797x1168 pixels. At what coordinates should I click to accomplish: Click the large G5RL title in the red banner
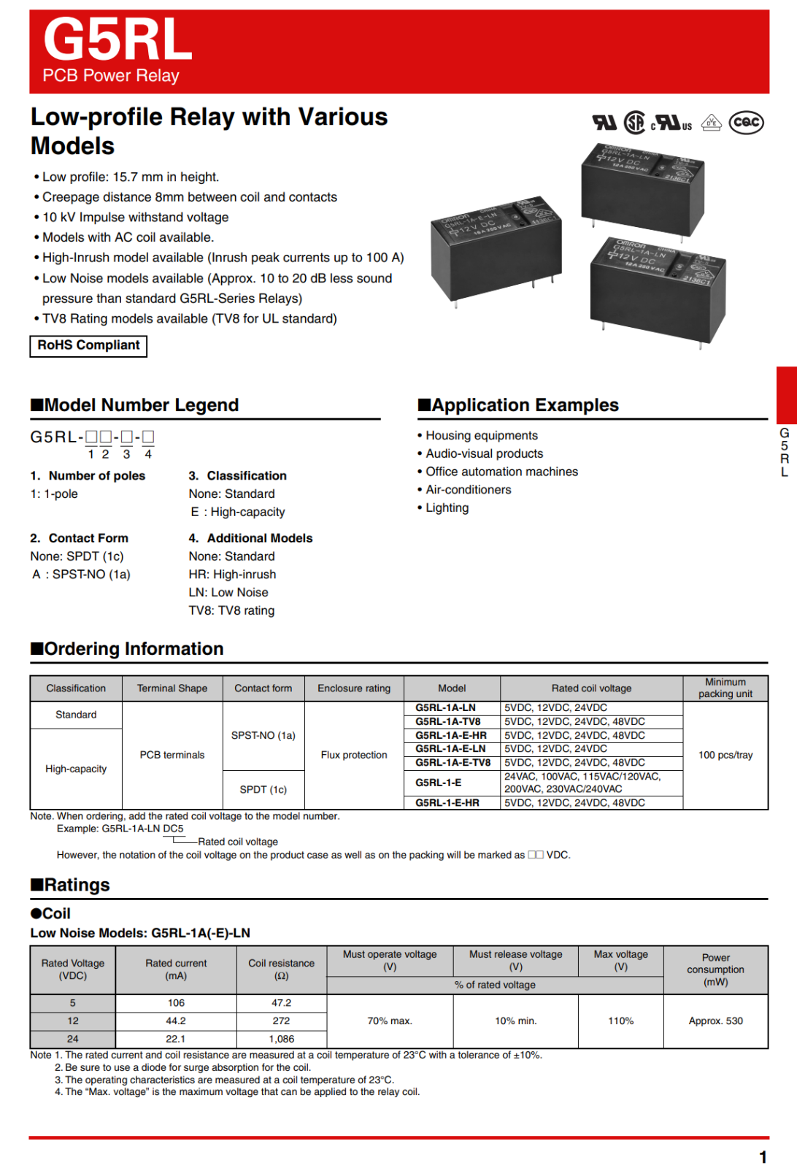click(x=118, y=40)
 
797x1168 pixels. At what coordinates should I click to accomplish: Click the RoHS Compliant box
click(x=88, y=345)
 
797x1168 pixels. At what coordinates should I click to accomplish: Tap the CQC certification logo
click(x=747, y=123)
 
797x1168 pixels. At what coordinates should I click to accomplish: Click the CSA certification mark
click(x=634, y=122)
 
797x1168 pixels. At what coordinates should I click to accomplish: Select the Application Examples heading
click(x=518, y=405)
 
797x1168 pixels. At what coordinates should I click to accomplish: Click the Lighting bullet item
click(x=447, y=508)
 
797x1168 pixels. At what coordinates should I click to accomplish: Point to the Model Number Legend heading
click(x=135, y=405)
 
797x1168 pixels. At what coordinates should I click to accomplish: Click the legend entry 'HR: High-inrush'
click(x=232, y=575)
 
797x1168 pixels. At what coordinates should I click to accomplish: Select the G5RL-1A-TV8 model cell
click(x=448, y=721)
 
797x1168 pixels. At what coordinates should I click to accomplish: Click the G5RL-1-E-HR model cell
click(x=447, y=803)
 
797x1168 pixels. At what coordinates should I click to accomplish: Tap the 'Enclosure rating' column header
click(x=354, y=688)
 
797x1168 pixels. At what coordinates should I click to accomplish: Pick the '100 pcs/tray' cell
click(x=725, y=755)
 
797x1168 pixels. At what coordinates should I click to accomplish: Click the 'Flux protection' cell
click(x=354, y=755)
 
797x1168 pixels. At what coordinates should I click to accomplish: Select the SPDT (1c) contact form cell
click(x=263, y=790)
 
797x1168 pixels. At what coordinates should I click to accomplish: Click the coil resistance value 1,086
click(x=281, y=1039)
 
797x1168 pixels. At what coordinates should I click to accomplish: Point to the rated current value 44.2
click(x=176, y=1021)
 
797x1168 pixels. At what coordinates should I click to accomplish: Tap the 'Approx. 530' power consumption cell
click(x=715, y=1021)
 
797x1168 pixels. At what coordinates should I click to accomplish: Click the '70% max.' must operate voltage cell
click(x=390, y=1021)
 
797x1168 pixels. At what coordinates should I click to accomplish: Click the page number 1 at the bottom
click(x=763, y=1157)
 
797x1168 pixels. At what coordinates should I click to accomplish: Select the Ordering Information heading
click(x=127, y=649)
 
